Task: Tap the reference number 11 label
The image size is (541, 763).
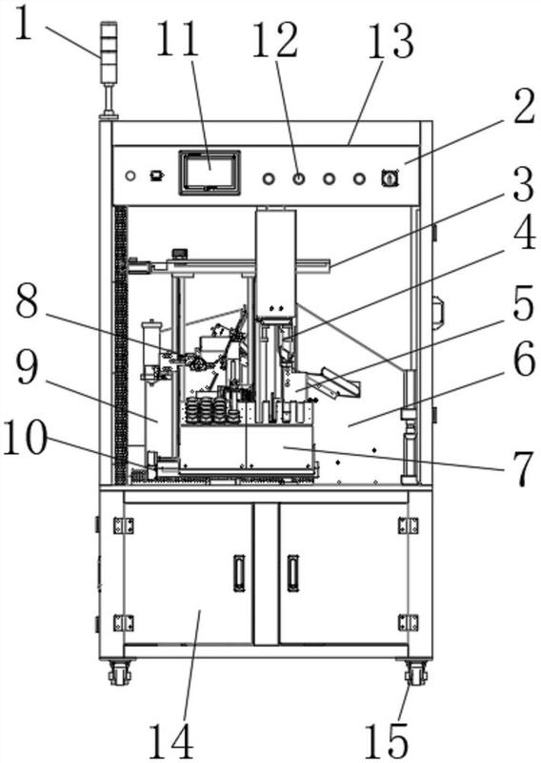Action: pos(178,39)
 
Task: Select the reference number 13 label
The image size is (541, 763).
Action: pos(391,41)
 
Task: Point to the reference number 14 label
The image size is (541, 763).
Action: pos(171,741)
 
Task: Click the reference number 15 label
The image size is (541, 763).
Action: pos(387,741)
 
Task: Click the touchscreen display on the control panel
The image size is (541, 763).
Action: pos(210,174)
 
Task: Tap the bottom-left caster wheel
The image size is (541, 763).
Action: pos(120,674)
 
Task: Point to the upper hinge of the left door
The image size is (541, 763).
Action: pos(123,526)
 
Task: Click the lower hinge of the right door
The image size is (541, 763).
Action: pos(408,623)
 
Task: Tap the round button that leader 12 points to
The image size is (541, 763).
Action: pos(299,179)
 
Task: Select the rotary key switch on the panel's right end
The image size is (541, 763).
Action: pos(391,178)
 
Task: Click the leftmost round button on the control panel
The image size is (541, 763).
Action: pos(130,175)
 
